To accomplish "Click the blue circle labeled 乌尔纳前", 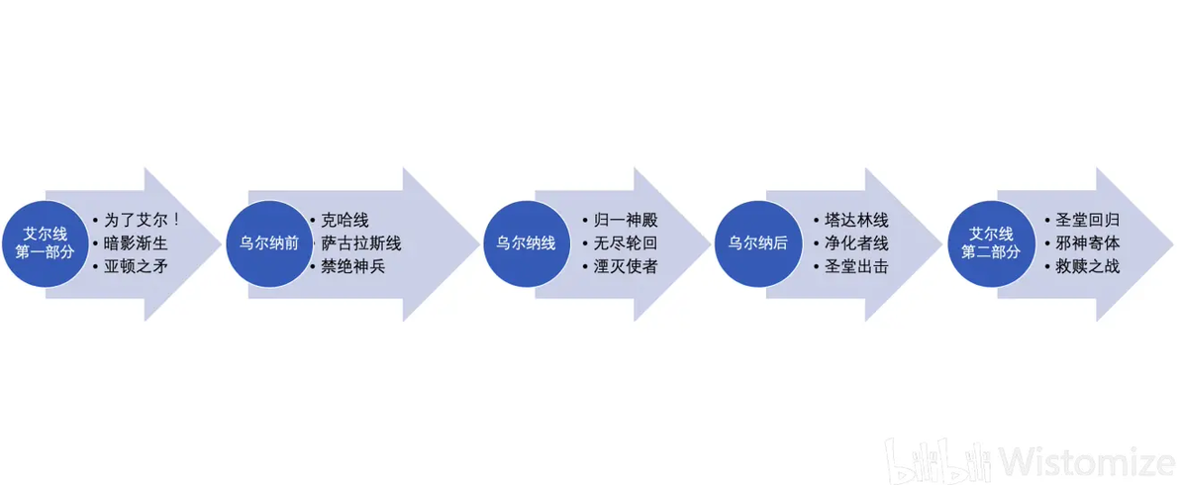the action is pyautogui.click(x=269, y=243).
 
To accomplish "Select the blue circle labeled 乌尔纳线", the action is pyautogui.click(x=526, y=243).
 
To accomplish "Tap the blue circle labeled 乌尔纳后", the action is pyautogui.click(x=757, y=243).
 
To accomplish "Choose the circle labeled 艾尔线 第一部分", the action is pyautogui.click(x=45, y=243).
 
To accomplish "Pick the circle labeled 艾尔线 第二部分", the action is pyautogui.click(x=991, y=243).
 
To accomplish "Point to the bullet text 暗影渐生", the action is pyautogui.click(x=136, y=243).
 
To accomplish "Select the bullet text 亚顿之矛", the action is pyautogui.click(x=136, y=266).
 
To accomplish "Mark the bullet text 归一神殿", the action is pyautogui.click(x=626, y=221).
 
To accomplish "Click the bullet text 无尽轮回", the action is pyautogui.click(x=626, y=243).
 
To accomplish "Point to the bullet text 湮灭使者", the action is pyautogui.click(x=626, y=266).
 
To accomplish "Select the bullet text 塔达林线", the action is pyautogui.click(x=856, y=221).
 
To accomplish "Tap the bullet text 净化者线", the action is pyautogui.click(x=856, y=243).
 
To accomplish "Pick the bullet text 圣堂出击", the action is pyautogui.click(x=856, y=266).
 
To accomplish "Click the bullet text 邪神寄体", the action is pyautogui.click(x=1088, y=243).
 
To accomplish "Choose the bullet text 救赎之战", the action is pyautogui.click(x=1088, y=266).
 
